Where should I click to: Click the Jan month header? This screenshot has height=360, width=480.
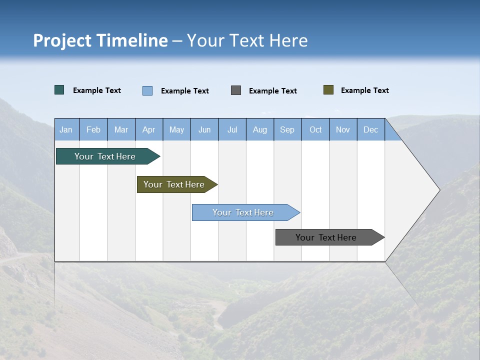tap(66, 129)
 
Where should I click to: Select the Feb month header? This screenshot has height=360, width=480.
tap(93, 129)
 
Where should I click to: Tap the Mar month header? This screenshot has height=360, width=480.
tap(121, 129)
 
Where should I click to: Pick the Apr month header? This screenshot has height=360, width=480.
tap(149, 129)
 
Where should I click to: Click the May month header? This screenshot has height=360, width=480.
tap(176, 129)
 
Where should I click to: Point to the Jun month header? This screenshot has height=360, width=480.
tap(204, 129)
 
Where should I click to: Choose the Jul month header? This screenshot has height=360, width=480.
tap(232, 129)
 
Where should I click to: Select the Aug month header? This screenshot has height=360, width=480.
tap(260, 129)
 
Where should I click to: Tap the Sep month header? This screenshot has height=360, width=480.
tap(287, 129)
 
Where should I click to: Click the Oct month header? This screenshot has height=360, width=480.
tap(315, 129)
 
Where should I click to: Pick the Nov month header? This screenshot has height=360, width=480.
tap(343, 129)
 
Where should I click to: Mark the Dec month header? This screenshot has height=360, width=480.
tap(371, 129)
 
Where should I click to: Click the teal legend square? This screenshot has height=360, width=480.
tap(59, 90)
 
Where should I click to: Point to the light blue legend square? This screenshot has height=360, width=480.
tap(147, 90)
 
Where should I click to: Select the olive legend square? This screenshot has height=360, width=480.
tap(328, 90)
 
